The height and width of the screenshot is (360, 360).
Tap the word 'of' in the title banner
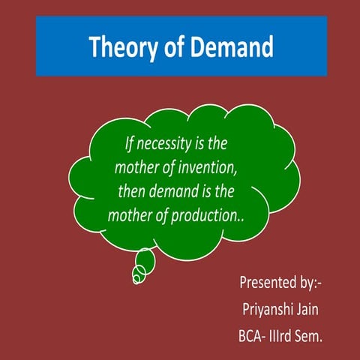click(172, 46)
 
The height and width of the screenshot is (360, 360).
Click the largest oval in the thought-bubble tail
click(145, 260)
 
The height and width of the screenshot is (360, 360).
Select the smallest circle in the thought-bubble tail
click(136, 280)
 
